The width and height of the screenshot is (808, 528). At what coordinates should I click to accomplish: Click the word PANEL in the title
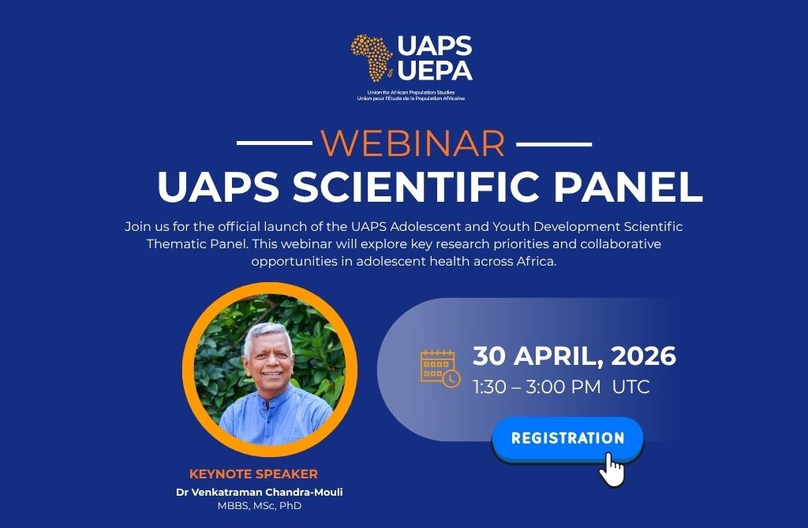coord(628,186)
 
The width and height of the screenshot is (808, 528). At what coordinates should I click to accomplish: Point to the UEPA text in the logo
coord(435,70)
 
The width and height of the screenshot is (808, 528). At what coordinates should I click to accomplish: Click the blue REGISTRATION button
coord(568,438)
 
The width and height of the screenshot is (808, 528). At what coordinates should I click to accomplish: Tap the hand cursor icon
coord(612,470)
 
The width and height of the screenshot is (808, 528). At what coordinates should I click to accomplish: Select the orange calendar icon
coord(440,369)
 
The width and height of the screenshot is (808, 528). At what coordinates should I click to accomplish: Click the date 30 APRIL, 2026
coord(574,355)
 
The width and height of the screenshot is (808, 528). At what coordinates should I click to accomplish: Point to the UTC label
coord(630,387)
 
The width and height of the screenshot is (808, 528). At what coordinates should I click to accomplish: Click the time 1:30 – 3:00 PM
coord(537,387)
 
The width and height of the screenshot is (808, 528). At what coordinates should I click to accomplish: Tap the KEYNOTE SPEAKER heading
coord(253,474)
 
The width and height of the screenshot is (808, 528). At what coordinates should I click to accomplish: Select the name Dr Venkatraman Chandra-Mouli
coord(259,492)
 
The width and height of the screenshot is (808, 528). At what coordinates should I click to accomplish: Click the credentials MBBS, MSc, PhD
coord(259,506)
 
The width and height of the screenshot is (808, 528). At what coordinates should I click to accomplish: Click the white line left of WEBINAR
coord(274,143)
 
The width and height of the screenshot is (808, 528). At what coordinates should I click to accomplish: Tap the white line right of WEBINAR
coord(554,144)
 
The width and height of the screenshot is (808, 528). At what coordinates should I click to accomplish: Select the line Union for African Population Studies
coord(410,93)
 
